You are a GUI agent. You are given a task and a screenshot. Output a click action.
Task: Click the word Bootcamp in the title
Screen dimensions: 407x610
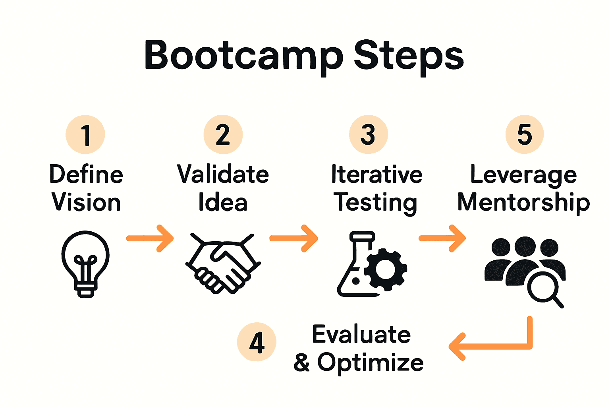pyautogui.click(x=243, y=56)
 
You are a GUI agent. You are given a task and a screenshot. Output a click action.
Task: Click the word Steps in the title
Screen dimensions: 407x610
pyautogui.click(x=409, y=56)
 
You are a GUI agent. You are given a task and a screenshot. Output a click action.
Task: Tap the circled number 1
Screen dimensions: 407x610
pyautogui.click(x=85, y=135)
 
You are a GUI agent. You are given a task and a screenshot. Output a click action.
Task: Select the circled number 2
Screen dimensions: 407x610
pyautogui.click(x=223, y=134)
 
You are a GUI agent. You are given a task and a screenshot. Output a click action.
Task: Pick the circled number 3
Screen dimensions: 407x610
pyautogui.click(x=368, y=134)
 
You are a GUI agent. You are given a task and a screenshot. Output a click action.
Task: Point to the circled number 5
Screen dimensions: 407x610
pyautogui.click(x=524, y=134)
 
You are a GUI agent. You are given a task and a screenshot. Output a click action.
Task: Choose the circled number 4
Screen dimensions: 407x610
pyautogui.click(x=257, y=342)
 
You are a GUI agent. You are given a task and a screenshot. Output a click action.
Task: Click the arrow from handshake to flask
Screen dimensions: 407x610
pyautogui.click(x=294, y=238)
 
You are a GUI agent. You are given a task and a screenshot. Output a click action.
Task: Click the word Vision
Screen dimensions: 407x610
pyautogui.click(x=86, y=202)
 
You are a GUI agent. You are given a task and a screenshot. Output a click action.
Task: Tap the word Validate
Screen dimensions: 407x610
pyautogui.click(x=223, y=174)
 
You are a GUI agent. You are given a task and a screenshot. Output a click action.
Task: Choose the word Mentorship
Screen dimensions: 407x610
pyautogui.click(x=523, y=202)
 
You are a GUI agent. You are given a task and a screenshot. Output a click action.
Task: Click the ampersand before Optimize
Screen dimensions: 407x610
pyautogui.click(x=302, y=362)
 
